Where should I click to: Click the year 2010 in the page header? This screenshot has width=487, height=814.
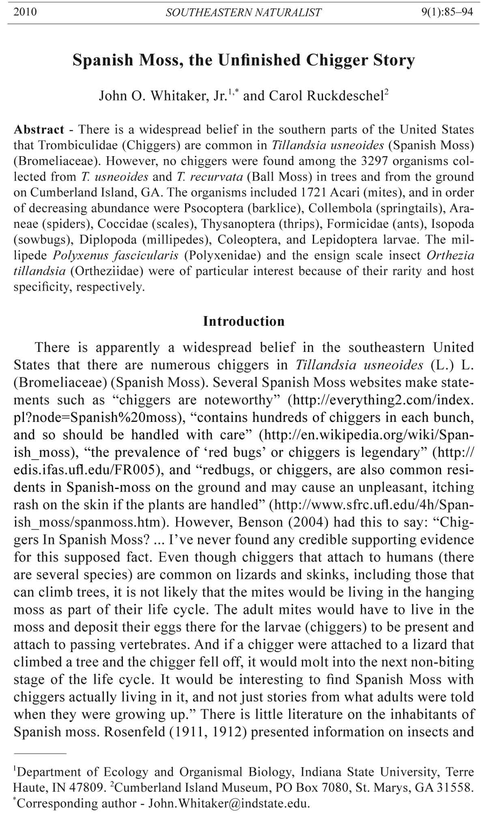[x=25, y=12]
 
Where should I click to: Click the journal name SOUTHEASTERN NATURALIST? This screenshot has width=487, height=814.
[x=243, y=13]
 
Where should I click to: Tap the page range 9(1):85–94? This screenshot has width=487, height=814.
[x=447, y=12]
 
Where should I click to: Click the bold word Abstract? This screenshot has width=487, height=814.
[x=39, y=130]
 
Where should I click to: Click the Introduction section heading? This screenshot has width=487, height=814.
[x=244, y=321]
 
